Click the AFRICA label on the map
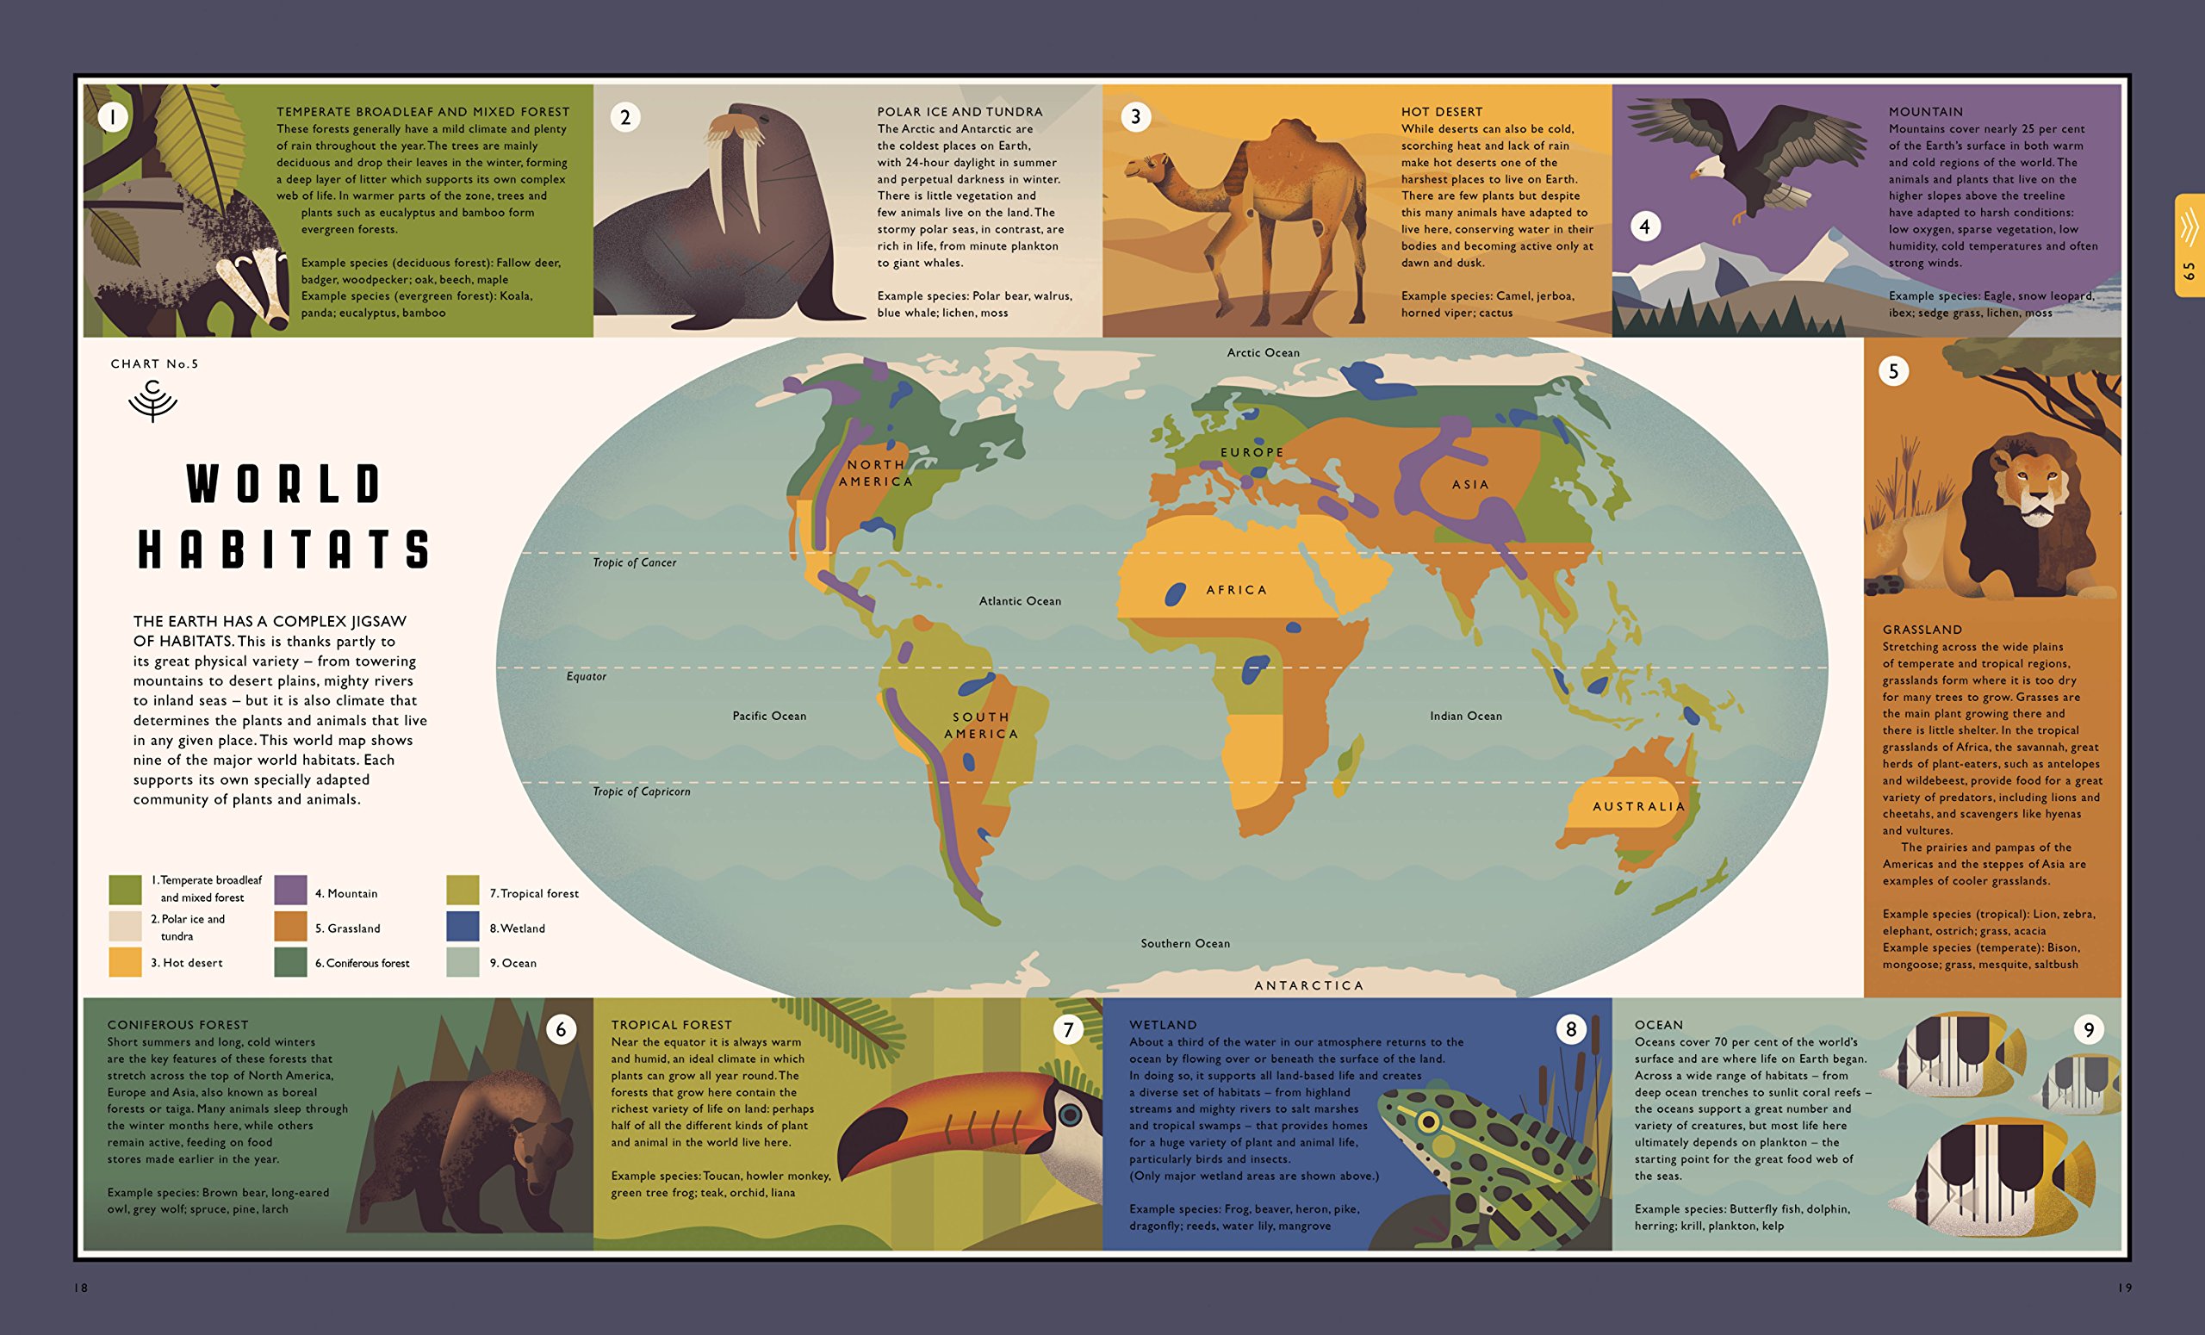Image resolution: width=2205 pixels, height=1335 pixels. coord(1236,591)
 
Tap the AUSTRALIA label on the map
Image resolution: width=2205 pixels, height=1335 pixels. coord(1638,806)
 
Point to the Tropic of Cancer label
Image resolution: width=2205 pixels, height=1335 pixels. coord(635,562)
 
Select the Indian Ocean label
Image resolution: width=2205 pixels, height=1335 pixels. coord(1466,716)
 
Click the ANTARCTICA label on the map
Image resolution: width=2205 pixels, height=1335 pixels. coord(1308,985)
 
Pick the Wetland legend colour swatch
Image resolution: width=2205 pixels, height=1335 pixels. coord(463,927)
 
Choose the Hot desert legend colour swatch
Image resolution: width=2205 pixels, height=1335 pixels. coord(125,962)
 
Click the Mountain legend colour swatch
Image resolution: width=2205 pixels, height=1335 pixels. coord(291,891)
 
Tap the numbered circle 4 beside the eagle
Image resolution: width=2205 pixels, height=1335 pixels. coord(1644,227)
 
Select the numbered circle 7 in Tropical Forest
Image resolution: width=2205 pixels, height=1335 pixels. coord(1067,1030)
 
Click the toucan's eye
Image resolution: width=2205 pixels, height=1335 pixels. coord(1070,1115)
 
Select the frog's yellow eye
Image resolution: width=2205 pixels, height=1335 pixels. coord(1428,1121)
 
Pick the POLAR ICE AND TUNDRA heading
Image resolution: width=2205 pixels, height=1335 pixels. coord(960,112)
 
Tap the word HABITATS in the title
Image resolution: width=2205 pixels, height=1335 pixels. coord(284,549)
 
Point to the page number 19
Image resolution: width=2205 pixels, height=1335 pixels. coord(2124,1288)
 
